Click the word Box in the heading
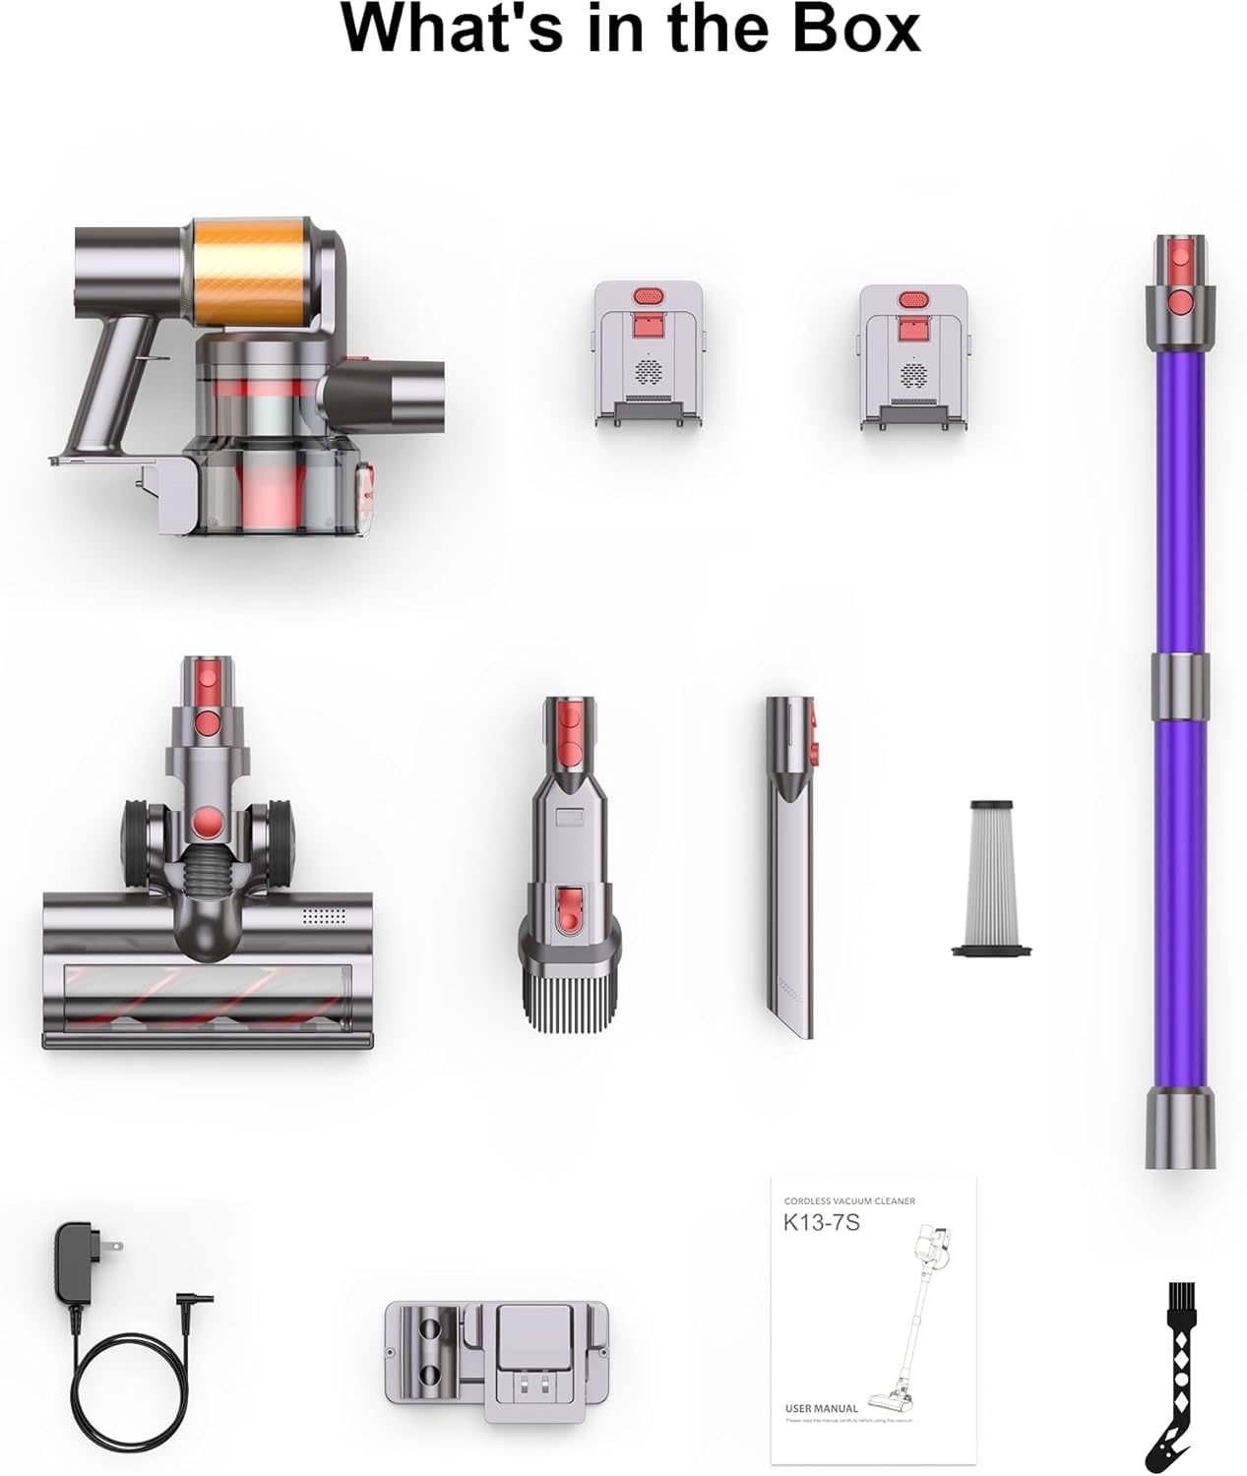pyautogui.click(x=854, y=30)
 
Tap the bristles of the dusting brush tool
pyautogui.click(x=570, y=998)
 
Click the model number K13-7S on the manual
pyautogui.click(x=821, y=1223)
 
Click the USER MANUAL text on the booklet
pyautogui.click(x=821, y=1408)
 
